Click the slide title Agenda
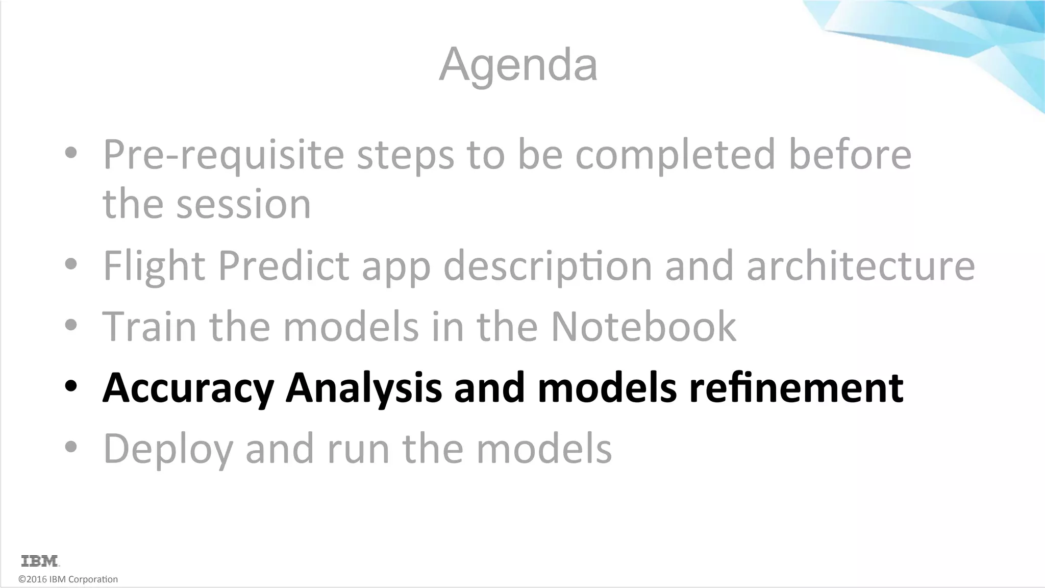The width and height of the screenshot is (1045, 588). tap(518, 65)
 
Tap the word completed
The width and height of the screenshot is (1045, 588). tap(675, 155)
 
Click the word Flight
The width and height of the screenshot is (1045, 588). tap(154, 266)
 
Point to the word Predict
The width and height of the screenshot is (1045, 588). tap(284, 266)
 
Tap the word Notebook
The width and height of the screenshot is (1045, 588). tap(643, 327)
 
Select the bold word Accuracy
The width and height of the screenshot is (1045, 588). tap(188, 388)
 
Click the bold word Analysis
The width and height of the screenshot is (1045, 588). tap(364, 388)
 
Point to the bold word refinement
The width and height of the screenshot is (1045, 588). tap(796, 387)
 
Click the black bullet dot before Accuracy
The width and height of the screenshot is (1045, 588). tap(71, 386)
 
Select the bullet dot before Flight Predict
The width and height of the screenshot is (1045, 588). tap(71, 264)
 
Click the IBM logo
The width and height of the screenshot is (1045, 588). tap(40, 561)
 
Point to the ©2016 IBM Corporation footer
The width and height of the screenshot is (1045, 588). tap(68, 579)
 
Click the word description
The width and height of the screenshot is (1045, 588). tap(548, 266)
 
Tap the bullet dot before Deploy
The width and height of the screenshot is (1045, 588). tap(71, 447)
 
